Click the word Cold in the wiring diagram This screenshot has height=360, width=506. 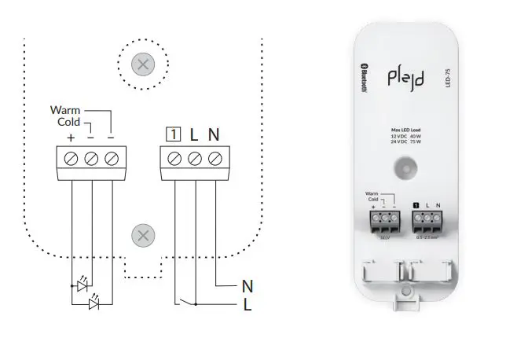[x=68, y=123]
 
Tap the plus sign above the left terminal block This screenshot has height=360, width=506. [x=71, y=138]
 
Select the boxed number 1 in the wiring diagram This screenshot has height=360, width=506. [x=174, y=134]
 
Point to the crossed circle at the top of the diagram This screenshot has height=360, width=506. [x=142, y=64]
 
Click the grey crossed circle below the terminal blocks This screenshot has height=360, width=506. [x=142, y=234]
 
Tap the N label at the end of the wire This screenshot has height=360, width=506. [x=247, y=286]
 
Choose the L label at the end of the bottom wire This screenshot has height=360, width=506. [x=247, y=304]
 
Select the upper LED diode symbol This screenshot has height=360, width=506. [x=81, y=285]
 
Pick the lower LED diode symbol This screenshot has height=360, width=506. [x=94, y=303]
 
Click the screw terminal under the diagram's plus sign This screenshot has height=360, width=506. [x=71, y=159]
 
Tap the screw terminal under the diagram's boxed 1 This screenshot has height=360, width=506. [x=174, y=159]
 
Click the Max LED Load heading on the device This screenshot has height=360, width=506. [x=405, y=129]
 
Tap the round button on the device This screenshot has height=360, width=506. [x=405, y=167]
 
